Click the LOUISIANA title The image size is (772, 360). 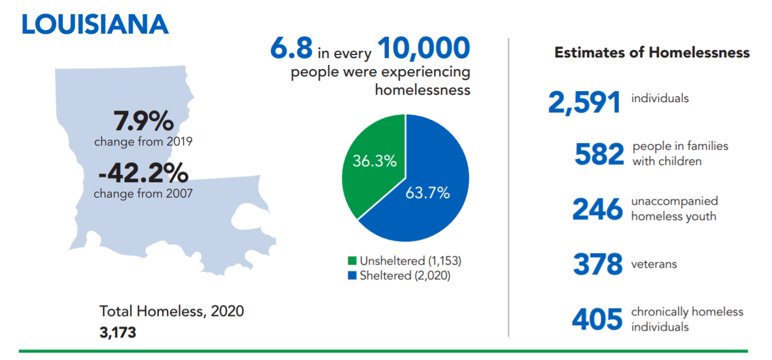[x=95, y=24]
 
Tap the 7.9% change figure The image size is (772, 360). [x=144, y=122]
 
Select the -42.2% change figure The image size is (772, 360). [x=144, y=174]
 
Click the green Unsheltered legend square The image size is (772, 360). [x=351, y=261]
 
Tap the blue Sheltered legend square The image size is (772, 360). [x=351, y=276]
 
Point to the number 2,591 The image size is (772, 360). [x=584, y=103]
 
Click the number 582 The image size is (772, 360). [x=599, y=155]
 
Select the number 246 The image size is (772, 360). [x=597, y=210]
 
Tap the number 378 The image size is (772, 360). [x=597, y=265]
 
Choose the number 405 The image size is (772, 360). [x=597, y=320]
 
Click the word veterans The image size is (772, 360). [x=653, y=265]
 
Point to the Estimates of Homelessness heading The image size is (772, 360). [x=652, y=53]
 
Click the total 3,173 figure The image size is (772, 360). [x=117, y=333]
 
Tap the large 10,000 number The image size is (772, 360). [x=424, y=49]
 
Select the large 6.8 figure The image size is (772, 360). [x=291, y=49]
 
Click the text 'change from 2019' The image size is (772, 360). [x=143, y=142]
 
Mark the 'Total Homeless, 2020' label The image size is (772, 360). [x=172, y=311]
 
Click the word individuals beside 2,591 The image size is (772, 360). [x=660, y=98]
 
